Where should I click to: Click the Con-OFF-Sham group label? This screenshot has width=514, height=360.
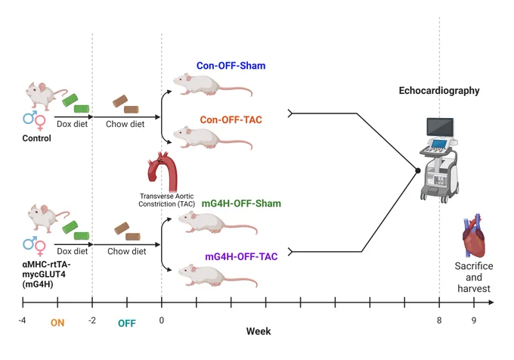(231, 66)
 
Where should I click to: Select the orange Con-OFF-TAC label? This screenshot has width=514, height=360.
(231, 119)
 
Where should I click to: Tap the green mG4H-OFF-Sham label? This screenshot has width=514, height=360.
(241, 203)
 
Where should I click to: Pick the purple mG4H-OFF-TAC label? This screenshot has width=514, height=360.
(241, 256)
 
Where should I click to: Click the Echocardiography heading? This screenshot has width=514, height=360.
(439, 91)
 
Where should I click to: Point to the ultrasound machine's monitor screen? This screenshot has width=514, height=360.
(440, 127)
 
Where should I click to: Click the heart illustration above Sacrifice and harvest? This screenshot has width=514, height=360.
(474, 236)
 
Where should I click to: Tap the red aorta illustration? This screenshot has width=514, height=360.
(163, 171)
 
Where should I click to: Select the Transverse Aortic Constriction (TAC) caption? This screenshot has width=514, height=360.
(166, 200)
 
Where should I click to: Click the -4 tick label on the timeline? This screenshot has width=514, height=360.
(22, 321)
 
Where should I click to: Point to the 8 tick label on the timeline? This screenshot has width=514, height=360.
(439, 321)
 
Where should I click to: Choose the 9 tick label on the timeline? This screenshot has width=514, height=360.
(474, 321)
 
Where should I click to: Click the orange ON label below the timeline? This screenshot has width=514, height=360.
(57, 323)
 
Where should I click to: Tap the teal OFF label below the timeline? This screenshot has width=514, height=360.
(127, 324)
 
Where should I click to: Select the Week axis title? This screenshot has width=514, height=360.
(259, 331)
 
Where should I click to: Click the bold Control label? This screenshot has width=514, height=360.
(37, 138)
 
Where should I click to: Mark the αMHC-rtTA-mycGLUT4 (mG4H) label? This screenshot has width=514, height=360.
(46, 274)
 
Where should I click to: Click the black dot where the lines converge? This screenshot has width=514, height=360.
(417, 170)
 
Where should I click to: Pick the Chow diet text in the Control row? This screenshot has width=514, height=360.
(125, 124)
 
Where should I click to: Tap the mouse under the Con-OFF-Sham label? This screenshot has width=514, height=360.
(212, 85)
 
